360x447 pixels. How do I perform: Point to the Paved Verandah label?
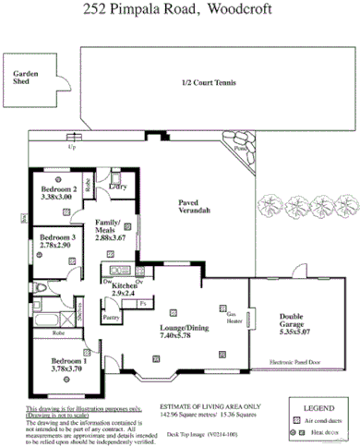click(195, 207)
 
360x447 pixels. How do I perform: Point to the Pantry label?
click(112, 318)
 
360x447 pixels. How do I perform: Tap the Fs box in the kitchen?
click(143, 304)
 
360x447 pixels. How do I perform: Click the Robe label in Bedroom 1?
click(57, 332)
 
